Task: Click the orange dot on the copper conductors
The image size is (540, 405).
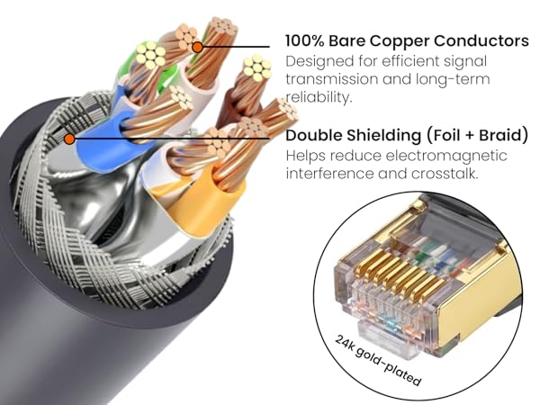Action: (197, 47)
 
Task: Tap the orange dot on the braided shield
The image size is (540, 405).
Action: (69, 139)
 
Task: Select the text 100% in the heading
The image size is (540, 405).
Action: (305, 40)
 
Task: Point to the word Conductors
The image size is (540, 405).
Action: (481, 40)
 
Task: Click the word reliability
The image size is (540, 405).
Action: (319, 97)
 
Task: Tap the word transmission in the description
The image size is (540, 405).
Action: (331, 79)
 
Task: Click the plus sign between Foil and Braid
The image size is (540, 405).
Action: (470, 135)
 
